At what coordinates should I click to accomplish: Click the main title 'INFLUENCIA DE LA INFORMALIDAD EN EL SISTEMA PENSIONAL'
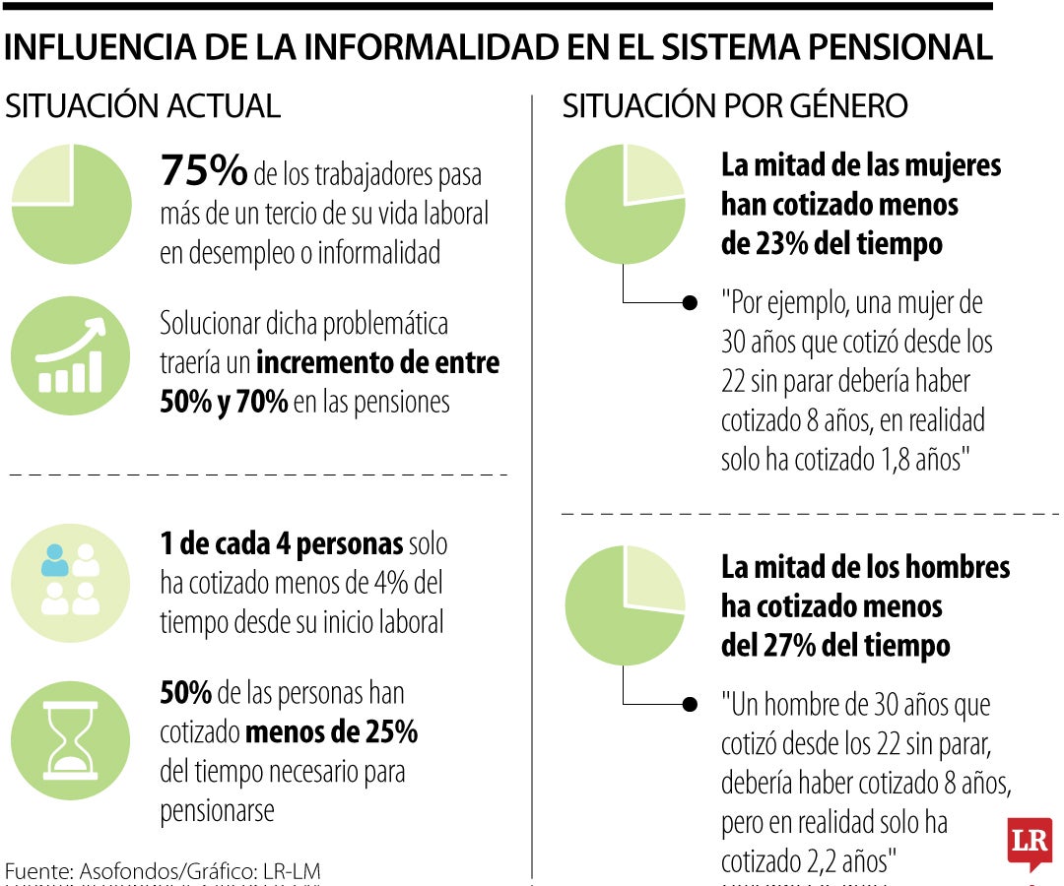[498, 46]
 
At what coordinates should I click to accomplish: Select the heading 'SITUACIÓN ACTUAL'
[144, 106]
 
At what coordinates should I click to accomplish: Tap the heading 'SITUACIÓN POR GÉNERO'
[735, 106]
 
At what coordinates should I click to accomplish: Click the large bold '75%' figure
[203, 172]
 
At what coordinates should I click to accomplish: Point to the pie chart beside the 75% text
[71, 204]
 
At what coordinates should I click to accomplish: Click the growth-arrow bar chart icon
[71, 355]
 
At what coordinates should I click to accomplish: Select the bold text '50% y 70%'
[224, 402]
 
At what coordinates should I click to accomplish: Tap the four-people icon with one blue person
[71, 582]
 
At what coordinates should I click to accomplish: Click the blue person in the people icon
[55, 560]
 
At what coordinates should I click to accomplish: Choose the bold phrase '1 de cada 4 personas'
[282, 543]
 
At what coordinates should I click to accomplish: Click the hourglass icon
[71, 739]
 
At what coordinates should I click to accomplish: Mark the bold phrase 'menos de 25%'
[331, 732]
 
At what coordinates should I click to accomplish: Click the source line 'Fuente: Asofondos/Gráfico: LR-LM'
[164, 871]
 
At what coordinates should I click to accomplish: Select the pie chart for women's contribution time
[625, 204]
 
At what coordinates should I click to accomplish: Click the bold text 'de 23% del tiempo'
[831, 243]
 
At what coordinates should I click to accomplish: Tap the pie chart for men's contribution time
[625, 604]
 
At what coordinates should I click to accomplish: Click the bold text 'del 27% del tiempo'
[835, 646]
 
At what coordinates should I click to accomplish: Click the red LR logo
[1030, 843]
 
